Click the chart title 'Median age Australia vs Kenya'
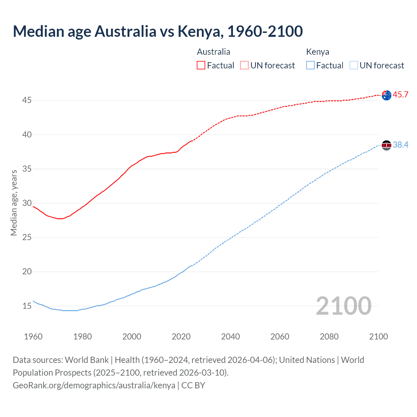click(x=158, y=31)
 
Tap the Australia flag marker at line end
click(x=386, y=95)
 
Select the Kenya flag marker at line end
click(x=386, y=145)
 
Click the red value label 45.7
click(x=400, y=95)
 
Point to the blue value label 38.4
click(x=400, y=145)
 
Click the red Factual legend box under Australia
click(x=201, y=65)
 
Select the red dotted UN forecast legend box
click(x=244, y=65)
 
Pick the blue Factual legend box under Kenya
click(x=310, y=65)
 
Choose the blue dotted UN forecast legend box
click(x=353, y=65)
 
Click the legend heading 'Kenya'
click(x=318, y=52)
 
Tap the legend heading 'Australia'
click(x=213, y=52)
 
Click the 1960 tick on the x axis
click(x=33, y=337)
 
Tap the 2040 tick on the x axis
click(x=230, y=337)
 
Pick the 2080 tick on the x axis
click(x=329, y=337)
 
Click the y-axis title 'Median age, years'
click(x=14, y=203)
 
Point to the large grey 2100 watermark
click(x=343, y=306)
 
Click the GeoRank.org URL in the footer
click(x=94, y=385)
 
